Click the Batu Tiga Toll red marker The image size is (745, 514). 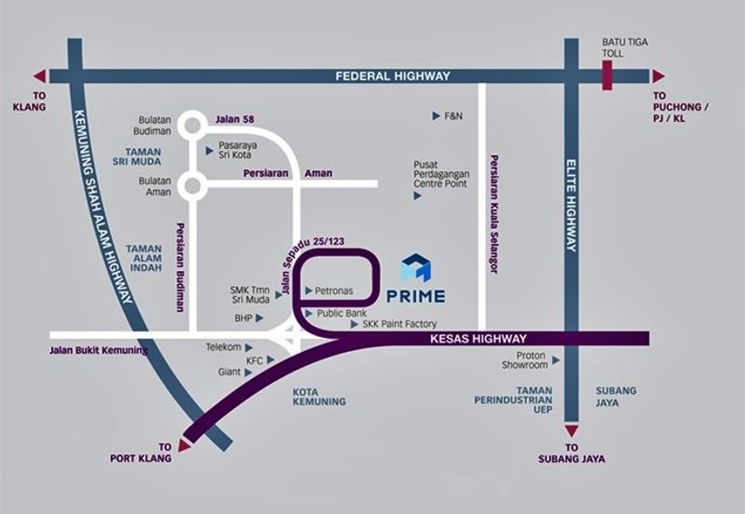[608, 75]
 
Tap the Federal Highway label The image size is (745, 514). [393, 76]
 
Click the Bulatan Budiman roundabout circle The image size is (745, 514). [194, 125]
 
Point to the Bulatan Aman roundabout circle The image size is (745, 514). [194, 184]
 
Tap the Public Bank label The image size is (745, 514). [341, 314]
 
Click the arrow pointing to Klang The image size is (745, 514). [39, 76]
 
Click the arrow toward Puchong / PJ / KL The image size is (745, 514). [657, 76]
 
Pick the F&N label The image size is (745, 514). [453, 116]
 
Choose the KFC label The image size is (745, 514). [254, 359]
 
